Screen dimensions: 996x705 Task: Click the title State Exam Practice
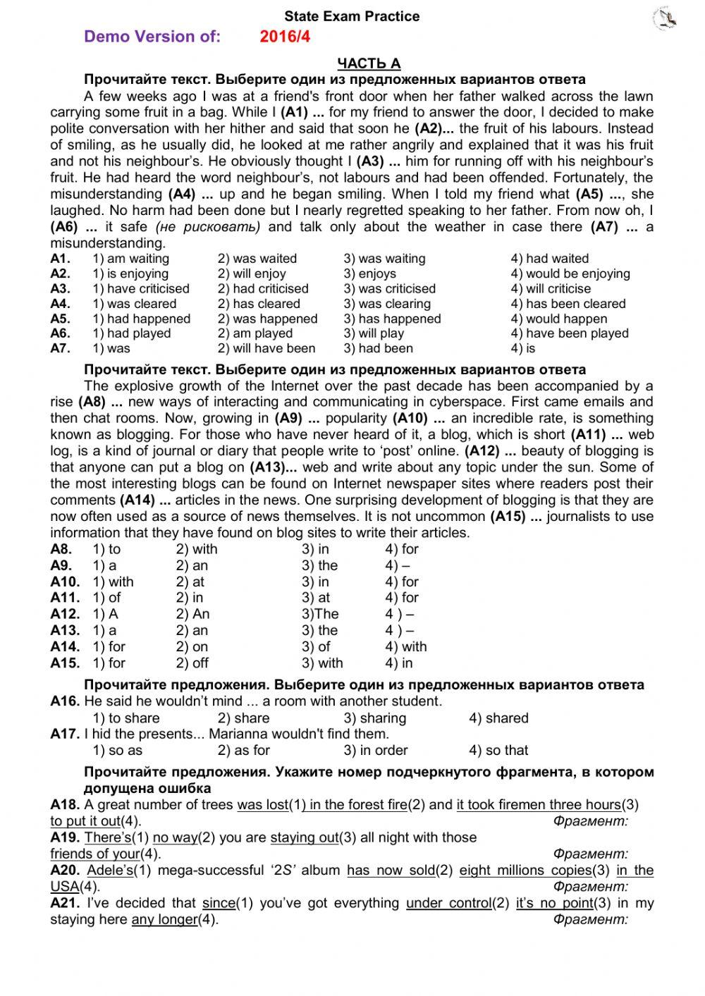(352, 16)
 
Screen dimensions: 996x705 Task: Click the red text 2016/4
(285, 37)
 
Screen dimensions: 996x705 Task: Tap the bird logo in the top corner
(666, 19)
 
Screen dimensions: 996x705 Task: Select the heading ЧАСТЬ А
(369, 63)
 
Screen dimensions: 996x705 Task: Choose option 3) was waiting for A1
(384, 259)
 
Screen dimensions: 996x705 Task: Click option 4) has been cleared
(568, 304)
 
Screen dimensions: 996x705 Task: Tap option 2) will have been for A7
(266, 348)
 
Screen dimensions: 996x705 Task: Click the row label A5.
(61, 319)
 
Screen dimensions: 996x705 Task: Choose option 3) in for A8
(315, 549)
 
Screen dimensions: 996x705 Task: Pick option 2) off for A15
(192, 663)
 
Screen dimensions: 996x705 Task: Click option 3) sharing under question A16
(374, 718)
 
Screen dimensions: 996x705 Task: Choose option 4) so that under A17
(498, 750)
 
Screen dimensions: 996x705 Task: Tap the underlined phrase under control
(448, 903)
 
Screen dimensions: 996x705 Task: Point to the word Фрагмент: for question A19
(590, 854)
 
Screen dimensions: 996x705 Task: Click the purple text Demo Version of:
(152, 37)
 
